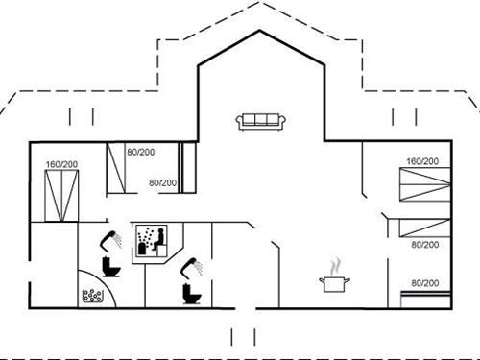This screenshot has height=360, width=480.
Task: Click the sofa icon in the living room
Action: [x=262, y=120]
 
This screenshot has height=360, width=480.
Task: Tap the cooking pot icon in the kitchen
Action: [x=334, y=282]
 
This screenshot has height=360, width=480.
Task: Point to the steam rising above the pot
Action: [x=334, y=264]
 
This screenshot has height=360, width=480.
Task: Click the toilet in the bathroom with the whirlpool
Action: [x=111, y=268]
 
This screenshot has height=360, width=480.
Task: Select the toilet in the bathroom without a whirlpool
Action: [x=191, y=293]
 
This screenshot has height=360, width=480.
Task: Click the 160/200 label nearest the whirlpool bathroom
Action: [x=61, y=164]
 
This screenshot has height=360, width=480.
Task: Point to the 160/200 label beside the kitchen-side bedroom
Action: [x=421, y=161]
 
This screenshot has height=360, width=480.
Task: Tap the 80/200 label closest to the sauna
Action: [x=162, y=182]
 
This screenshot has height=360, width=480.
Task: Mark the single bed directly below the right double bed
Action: [x=420, y=228]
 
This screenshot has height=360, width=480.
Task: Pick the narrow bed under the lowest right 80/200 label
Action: [x=425, y=298]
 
